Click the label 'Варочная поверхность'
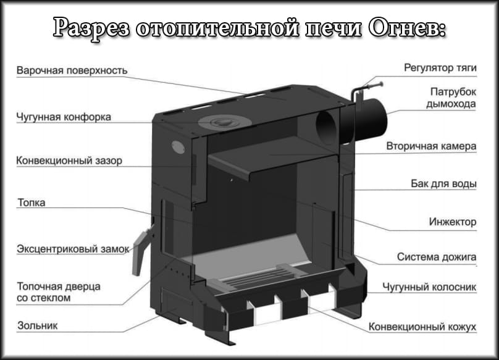coord(72,70)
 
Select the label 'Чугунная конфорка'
coord(64,117)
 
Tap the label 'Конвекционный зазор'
coord(70,161)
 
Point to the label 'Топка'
coord(31,202)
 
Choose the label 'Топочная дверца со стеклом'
coord(59,292)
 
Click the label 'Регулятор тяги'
coord(440,66)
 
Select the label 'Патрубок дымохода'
coord(452,98)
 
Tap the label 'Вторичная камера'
coord(431,147)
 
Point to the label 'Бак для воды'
coord(443,184)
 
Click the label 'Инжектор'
coord(452,222)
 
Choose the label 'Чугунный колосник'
coord(429,287)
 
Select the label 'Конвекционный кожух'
coord(422,326)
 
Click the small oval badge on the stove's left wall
coord(177,146)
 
